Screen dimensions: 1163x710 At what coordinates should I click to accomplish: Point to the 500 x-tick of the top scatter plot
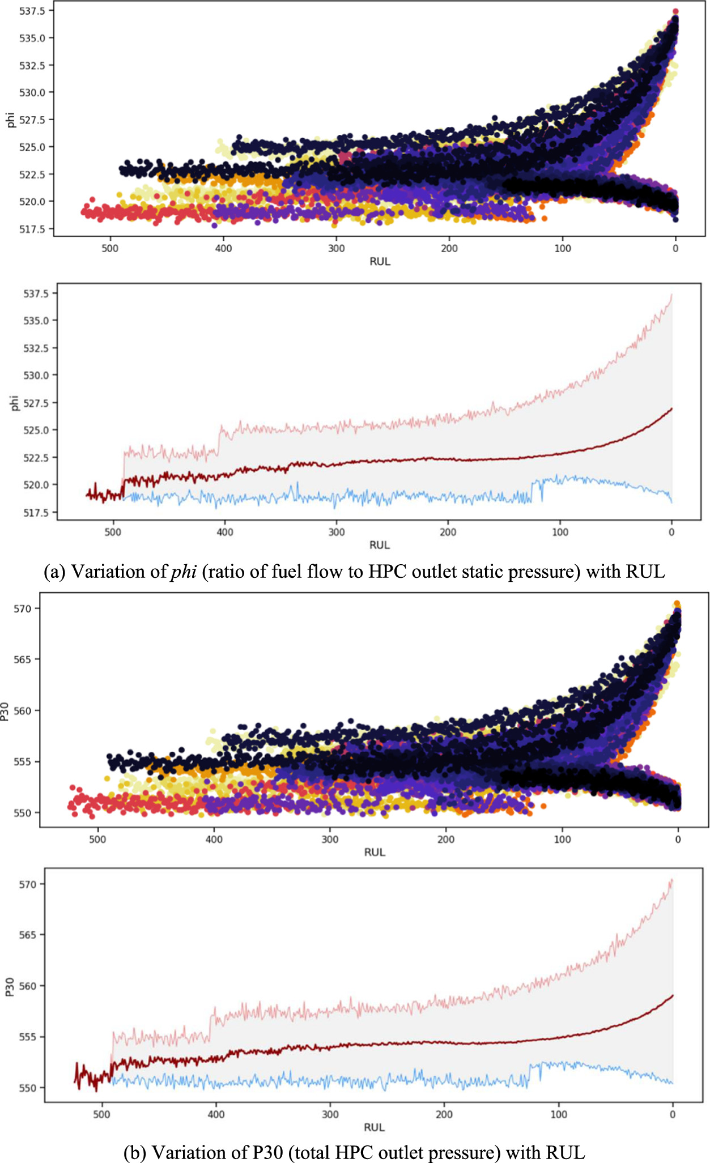(110, 249)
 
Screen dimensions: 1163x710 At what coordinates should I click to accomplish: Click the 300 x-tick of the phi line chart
(337, 532)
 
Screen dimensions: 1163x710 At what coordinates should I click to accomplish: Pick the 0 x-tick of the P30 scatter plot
(678, 839)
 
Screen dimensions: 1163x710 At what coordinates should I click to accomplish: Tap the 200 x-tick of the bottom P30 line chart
(444, 1114)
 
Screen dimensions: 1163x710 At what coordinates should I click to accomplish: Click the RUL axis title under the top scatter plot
(380, 262)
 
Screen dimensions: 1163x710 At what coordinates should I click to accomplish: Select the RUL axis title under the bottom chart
(374, 1127)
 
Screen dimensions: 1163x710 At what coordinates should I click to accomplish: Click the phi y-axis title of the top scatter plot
(10, 120)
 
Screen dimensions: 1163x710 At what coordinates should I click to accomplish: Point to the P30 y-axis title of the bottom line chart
(10, 987)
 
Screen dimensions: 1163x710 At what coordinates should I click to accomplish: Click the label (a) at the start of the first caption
(54, 572)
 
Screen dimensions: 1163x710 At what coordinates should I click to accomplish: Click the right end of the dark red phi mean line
(672, 408)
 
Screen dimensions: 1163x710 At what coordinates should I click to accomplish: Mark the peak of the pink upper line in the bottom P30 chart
(672, 879)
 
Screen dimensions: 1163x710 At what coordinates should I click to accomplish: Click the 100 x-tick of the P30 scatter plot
(562, 839)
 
